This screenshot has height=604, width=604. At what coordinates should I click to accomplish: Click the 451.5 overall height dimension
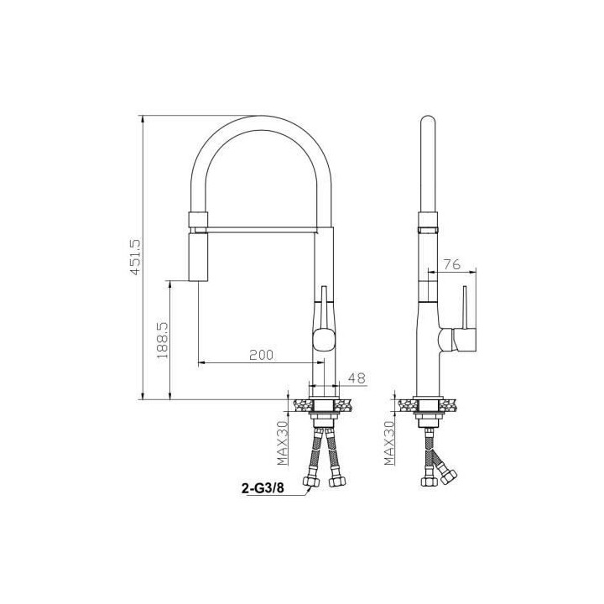click(x=136, y=257)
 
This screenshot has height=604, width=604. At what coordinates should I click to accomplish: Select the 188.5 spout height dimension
click(x=163, y=341)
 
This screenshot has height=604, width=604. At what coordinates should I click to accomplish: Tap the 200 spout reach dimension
click(x=261, y=355)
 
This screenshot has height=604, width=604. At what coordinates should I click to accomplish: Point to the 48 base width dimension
click(x=357, y=378)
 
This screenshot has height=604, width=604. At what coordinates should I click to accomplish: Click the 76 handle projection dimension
click(x=452, y=264)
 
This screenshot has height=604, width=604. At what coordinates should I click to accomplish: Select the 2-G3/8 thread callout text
click(x=263, y=488)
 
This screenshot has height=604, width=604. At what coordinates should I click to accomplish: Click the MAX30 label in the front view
click(x=283, y=443)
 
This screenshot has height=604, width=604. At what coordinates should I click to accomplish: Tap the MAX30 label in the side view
click(x=390, y=443)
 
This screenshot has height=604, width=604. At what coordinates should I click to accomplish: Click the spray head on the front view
click(x=198, y=257)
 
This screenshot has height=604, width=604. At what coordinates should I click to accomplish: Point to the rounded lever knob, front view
click(x=324, y=339)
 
